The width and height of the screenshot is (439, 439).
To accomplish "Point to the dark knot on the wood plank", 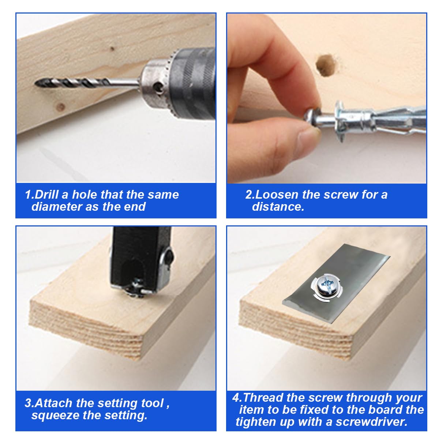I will click(x=61, y=107).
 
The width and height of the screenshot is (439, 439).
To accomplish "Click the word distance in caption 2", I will click(x=278, y=207).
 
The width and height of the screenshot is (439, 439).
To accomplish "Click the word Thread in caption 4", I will click(x=263, y=398).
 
